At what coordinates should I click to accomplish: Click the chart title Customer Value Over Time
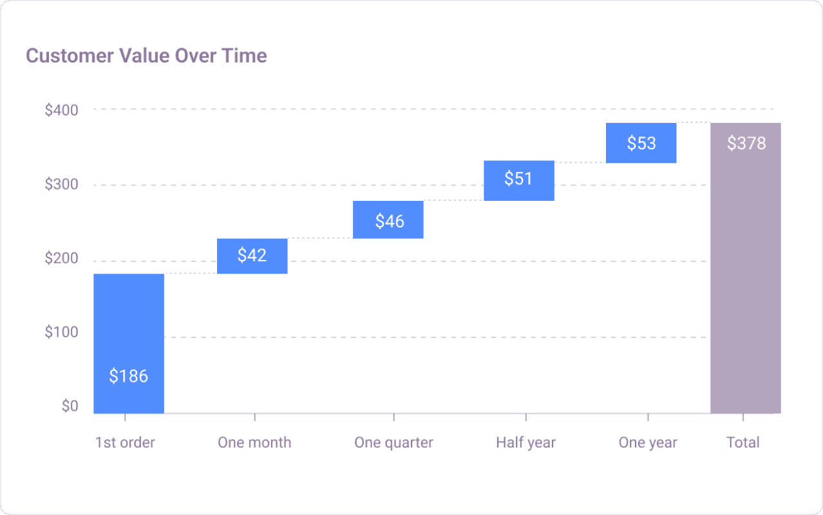click(x=146, y=56)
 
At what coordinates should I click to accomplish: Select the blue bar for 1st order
click(x=129, y=322)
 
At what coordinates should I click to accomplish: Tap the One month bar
click(x=252, y=256)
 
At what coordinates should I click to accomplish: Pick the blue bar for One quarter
click(x=388, y=220)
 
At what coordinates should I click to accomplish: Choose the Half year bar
click(x=518, y=180)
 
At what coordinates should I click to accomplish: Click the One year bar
click(x=641, y=143)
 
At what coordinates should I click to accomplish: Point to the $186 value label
click(x=129, y=376)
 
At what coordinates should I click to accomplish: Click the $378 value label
click(x=746, y=143)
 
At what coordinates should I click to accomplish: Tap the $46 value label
click(x=390, y=221)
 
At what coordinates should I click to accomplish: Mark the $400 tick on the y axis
click(x=61, y=110)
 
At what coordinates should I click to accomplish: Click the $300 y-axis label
click(x=61, y=185)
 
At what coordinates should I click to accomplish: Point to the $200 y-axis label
click(x=61, y=259)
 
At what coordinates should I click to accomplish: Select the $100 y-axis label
click(x=61, y=333)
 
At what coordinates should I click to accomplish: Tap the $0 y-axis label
click(x=70, y=406)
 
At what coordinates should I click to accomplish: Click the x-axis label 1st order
click(x=125, y=443)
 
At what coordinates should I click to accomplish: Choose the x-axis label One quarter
click(x=393, y=443)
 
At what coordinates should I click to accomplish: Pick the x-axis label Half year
click(x=525, y=443)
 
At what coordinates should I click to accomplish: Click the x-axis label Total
click(x=743, y=443)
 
